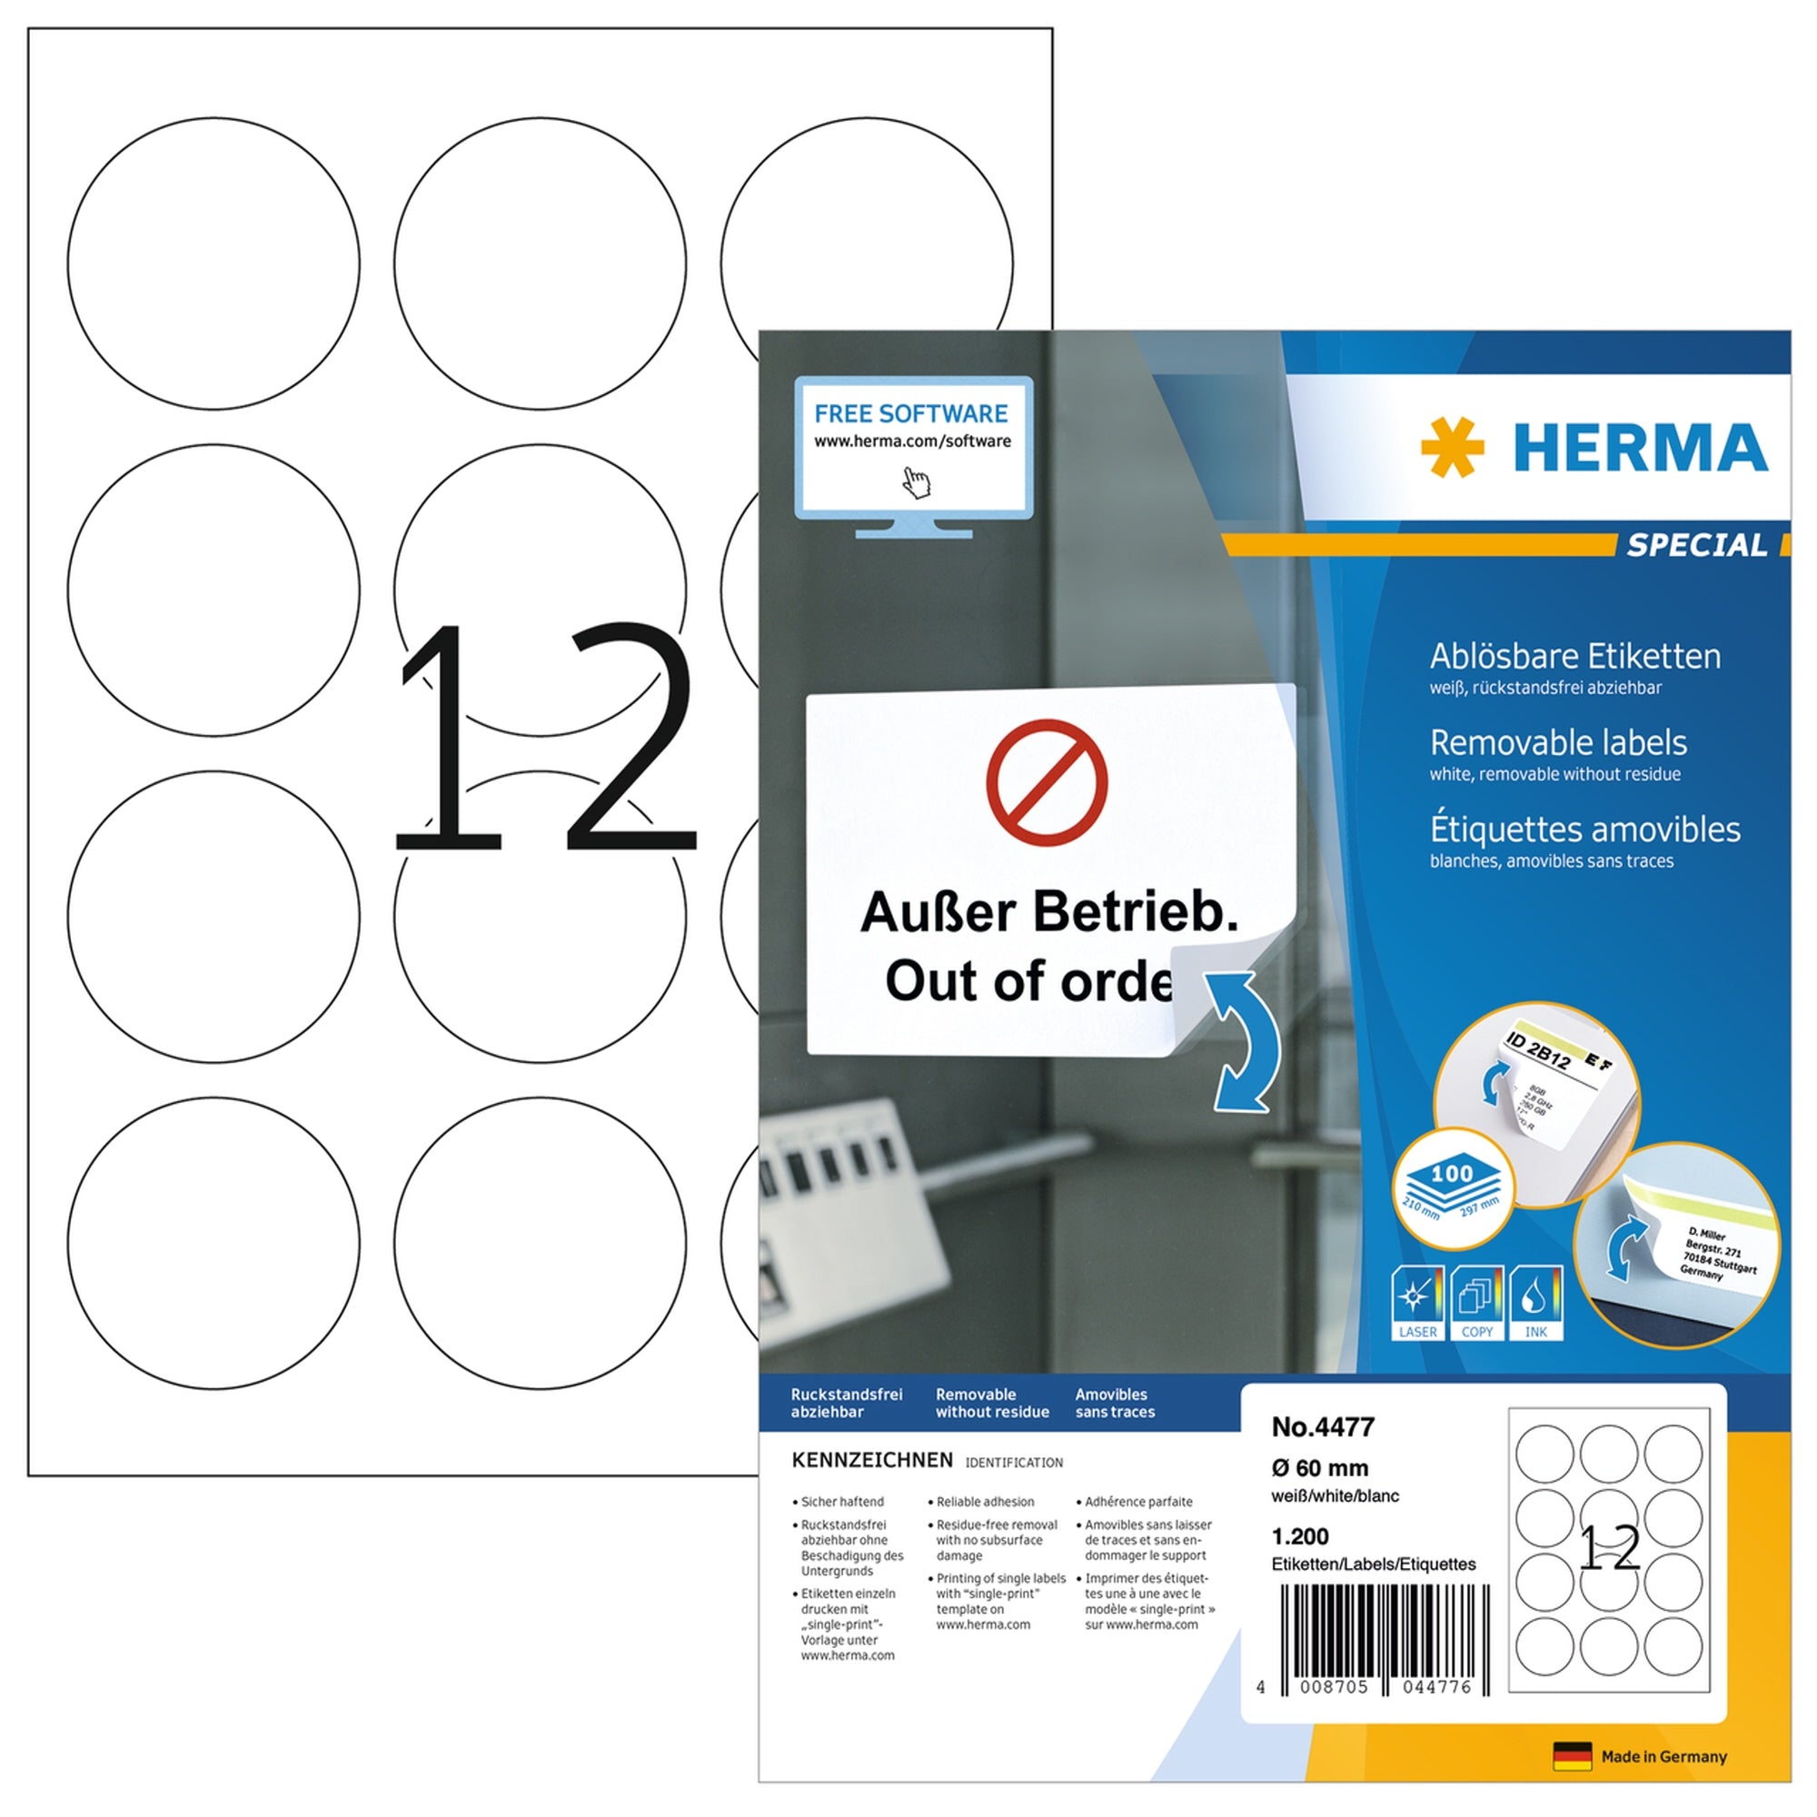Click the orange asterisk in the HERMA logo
tap(1451, 447)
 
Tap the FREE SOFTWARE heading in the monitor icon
tap(910, 412)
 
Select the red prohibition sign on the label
tap(1046, 782)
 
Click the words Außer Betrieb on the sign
tap(1048, 911)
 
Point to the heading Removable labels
tap(1557, 743)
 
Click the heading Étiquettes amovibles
tap(1584, 829)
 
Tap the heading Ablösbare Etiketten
tap(1574, 656)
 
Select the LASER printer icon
tap(1416, 1302)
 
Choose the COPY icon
tap(1475, 1302)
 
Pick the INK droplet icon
tap(1534, 1302)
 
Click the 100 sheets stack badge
tap(1452, 1187)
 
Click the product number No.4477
tap(1322, 1426)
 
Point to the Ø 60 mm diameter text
tap(1319, 1467)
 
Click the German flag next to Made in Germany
tap(1572, 1756)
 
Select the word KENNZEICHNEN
tap(872, 1460)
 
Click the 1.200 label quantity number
tap(1300, 1537)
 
